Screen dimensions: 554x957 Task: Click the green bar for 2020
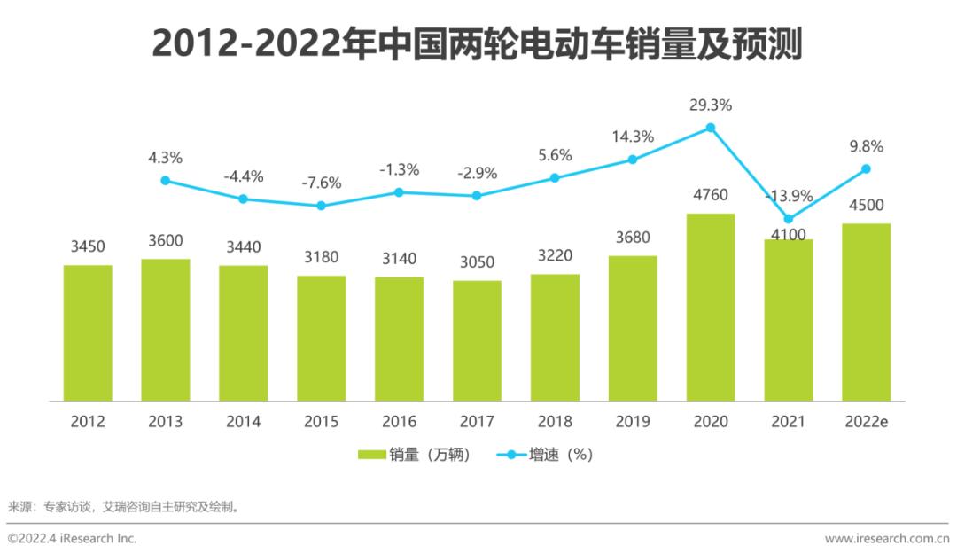[x=711, y=308]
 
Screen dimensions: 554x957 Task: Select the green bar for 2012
[x=88, y=333]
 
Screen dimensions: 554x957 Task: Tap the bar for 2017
[x=477, y=341]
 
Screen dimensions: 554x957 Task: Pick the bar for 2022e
[x=866, y=312]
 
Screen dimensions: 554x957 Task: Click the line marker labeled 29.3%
[x=711, y=128]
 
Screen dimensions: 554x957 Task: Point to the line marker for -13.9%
[x=789, y=219]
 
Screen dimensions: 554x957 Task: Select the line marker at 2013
[x=166, y=180]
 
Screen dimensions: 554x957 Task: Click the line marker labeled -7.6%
[x=322, y=206]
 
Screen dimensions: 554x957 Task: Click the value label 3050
[x=477, y=262]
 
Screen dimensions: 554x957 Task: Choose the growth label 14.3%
[x=632, y=137]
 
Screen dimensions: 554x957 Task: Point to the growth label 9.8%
[x=866, y=146]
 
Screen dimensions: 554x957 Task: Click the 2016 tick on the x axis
[x=399, y=422]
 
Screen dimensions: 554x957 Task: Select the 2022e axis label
[x=866, y=422]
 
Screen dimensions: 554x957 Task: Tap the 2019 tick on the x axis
[x=632, y=422]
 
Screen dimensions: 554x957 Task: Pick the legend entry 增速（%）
[x=546, y=455]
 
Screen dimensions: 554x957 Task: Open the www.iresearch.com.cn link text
[x=886, y=538]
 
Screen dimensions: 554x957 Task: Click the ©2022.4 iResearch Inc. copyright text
[x=73, y=538]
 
